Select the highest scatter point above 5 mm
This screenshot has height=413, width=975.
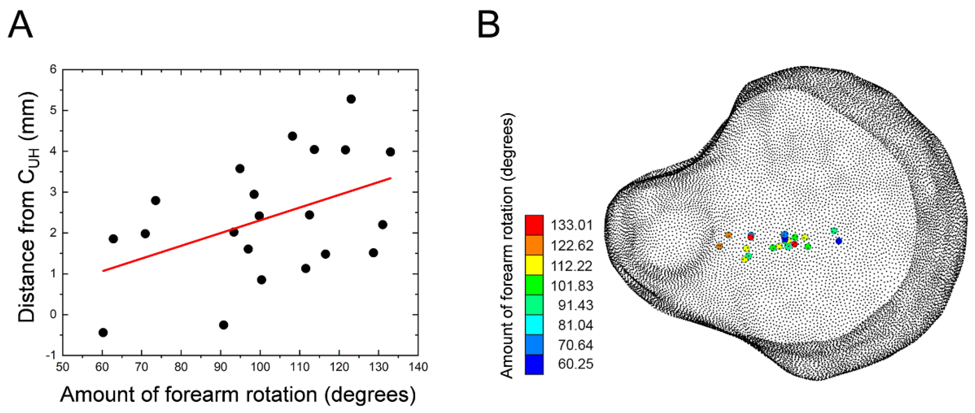[x=351, y=99]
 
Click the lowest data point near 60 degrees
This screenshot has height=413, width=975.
[x=103, y=332]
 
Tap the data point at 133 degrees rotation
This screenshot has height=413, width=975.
[x=390, y=152]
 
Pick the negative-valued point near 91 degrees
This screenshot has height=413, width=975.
[x=223, y=325]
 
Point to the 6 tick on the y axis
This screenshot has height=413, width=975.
[x=53, y=70]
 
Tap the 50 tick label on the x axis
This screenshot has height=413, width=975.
[x=62, y=367]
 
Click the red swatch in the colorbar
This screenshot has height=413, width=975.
[x=534, y=225]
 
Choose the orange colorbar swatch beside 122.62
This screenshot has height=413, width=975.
[x=534, y=245]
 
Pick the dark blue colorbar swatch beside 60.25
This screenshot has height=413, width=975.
[x=534, y=364]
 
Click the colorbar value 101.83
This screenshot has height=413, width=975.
[x=571, y=286]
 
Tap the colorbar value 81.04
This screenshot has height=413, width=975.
[x=575, y=325]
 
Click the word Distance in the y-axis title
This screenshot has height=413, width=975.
[x=26, y=280]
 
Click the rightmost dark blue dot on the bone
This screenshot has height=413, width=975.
[x=839, y=241]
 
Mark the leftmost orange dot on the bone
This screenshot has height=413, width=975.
[x=719, y=247]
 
